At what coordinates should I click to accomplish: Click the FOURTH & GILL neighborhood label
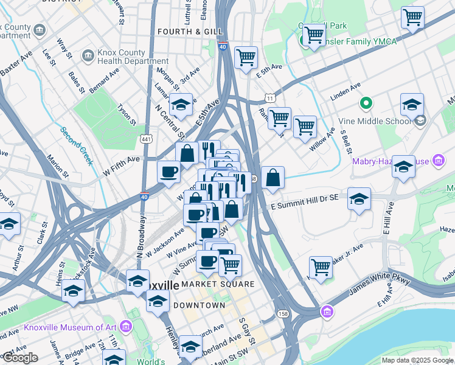(183, 31)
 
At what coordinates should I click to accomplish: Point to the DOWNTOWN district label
(200, 305)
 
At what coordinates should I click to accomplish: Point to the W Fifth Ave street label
(121, 165)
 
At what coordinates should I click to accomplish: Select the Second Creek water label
(76, 145)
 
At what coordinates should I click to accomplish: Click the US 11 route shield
(269, 97)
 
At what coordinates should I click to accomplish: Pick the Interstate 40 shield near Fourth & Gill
(223, 45)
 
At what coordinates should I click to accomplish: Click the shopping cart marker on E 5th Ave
(246, 58)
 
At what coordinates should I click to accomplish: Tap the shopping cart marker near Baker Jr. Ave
(320, 266)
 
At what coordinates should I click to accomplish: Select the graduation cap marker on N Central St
(181, 105)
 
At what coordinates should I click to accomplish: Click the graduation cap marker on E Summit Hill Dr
(359, 198)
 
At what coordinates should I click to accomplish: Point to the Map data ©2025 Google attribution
(417, 360)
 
